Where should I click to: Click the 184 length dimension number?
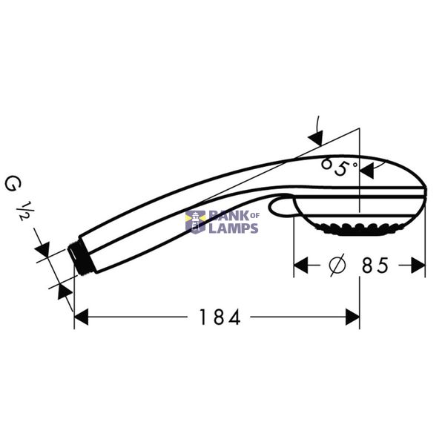coord(220,317)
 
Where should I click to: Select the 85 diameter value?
coord(375,266)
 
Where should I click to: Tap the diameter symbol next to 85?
coord(337,265)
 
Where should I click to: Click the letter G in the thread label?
coord(13,184)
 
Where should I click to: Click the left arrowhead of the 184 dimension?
coord(81,317)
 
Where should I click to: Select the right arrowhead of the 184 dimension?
coord(352,317)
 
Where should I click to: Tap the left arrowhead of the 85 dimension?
coord(301,266)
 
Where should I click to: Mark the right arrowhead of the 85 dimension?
coord(418,266)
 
